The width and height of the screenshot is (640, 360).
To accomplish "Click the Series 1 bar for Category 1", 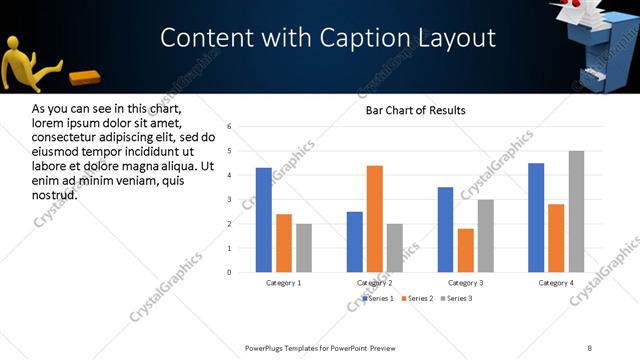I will pos(263,220).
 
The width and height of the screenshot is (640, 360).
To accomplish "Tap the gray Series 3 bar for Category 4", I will pos(577,212).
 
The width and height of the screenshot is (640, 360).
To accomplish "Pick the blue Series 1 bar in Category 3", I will pos(445,230).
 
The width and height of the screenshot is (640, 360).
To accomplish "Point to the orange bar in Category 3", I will pos(465,250).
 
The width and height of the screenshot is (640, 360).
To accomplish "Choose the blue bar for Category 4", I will pos(536,218).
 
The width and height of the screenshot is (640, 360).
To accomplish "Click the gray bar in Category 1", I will pos(304,248).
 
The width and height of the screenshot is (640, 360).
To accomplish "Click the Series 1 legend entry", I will pos(378,298).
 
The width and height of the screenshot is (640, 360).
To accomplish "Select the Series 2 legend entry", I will pos(417,298).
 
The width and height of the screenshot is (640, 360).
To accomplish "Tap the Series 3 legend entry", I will pos(456,298).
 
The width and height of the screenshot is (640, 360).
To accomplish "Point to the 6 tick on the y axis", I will pos(230,127).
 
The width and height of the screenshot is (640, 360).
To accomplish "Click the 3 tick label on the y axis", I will pos(230,200).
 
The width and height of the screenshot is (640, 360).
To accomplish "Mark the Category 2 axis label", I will pos(375,283).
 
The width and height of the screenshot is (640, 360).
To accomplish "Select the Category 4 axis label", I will pos(556,283).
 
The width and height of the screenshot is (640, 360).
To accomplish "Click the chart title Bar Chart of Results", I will pos(415,110).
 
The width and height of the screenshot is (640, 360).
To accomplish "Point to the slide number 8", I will pos(590,347).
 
